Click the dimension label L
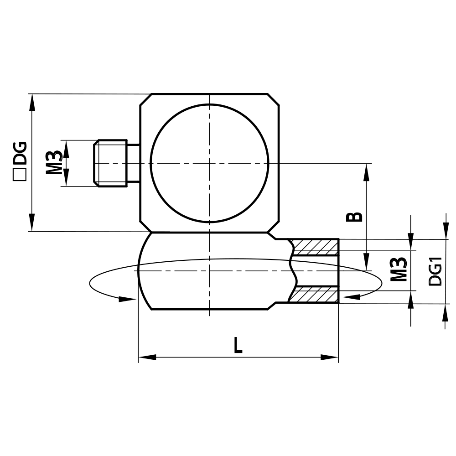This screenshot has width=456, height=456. (x=238, y=345)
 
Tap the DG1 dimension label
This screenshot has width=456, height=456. (x=435, y=271)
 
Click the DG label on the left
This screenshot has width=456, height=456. (x=20, y=153)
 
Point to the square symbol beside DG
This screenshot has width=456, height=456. (x=20, y=176)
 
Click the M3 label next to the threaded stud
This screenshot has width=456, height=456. (x=54, y=163)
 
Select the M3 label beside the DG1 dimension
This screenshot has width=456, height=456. (x=399, y=269)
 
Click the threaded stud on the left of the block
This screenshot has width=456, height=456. (x=110, y=163)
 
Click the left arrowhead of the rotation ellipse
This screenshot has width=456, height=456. (x=127, y=299)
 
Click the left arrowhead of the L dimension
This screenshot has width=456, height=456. (x=147, y=357)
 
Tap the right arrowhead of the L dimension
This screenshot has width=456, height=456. (x=330, y=357)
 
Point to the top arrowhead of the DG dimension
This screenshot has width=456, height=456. (x=31, y=102)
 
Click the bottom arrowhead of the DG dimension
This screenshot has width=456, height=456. (x=31, y=223)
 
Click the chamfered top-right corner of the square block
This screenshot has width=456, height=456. (x=274, y=100)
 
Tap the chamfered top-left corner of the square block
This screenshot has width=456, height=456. (x=145, y=100)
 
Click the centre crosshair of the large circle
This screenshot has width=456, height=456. (x=209, y=163)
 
